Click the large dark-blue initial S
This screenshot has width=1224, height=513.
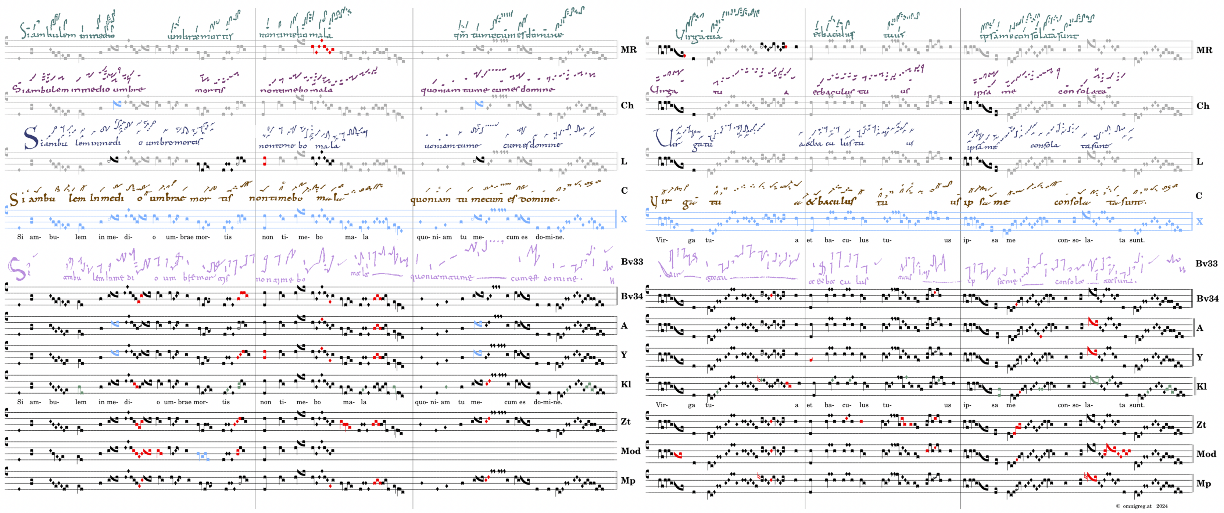point(31,138)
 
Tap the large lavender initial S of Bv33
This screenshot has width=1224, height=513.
point(18,269)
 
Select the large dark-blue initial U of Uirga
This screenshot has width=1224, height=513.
point(661,138)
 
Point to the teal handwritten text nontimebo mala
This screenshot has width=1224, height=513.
point(295,35)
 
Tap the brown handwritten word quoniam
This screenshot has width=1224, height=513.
point(430,200)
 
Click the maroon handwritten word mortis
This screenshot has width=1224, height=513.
point(210,89)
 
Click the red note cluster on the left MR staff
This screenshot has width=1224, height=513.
point(322,47)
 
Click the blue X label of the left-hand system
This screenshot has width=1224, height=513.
point(624,219)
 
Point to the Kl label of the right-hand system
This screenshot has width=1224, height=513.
point(1201,387)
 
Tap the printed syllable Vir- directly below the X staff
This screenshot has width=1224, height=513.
point(661,240)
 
